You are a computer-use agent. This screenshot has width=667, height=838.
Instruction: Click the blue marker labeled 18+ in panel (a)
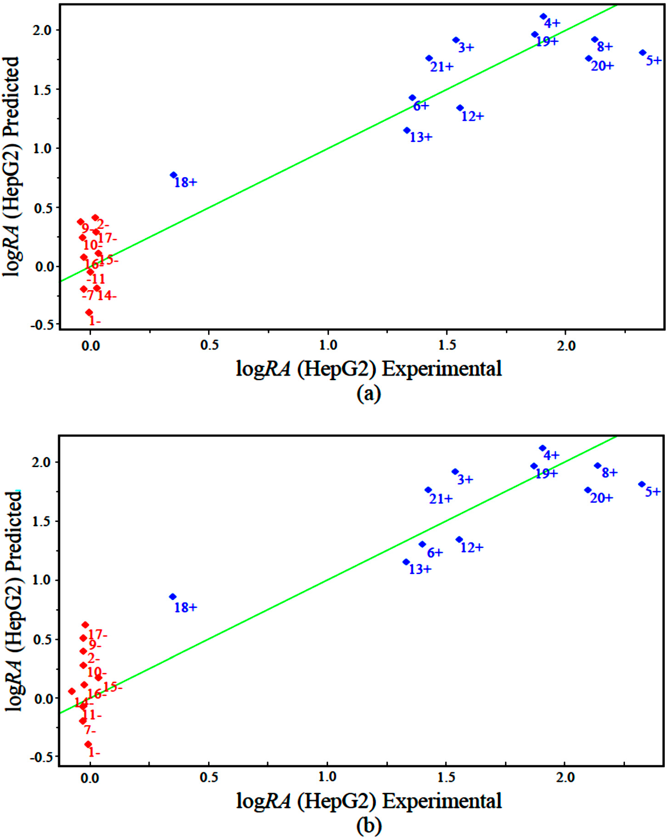[173, 175]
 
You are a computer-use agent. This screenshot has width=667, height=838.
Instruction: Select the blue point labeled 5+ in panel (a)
[643, 53]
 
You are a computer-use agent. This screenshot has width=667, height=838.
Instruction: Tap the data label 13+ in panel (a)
[421, 137]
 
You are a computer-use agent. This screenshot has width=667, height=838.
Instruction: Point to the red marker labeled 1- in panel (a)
[89, 312]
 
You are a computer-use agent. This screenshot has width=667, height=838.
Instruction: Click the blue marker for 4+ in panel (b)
[543, 448]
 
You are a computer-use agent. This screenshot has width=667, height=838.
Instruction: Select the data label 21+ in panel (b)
[441, 499]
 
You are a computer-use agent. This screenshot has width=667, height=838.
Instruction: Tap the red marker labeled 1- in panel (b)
[88, 744]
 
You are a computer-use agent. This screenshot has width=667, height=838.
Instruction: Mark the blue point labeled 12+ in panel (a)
[460, 108]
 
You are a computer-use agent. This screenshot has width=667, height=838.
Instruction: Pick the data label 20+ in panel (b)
[601, 498]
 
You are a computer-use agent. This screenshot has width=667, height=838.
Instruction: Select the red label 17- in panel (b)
[97, 635]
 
